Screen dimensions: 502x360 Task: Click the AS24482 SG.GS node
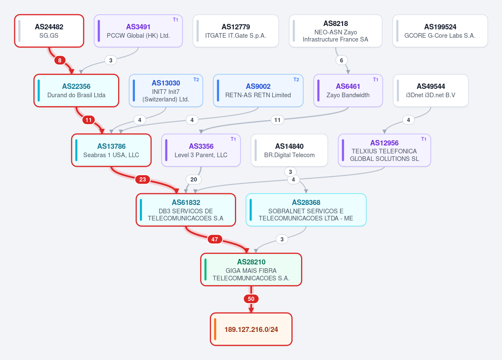[x=49, y=31]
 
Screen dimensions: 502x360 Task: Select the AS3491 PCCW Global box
[x=138, y=31]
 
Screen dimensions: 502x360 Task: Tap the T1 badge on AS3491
[x=175, y=20]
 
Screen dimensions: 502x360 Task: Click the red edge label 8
[x=60, y=60]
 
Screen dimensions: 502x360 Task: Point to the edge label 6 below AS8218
[x=341, y=60]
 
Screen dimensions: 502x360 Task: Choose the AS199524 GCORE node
[x=440, y=31]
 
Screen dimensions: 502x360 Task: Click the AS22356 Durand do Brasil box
[x=76, y=91]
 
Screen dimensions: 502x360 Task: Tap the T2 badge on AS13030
[x=196, y=80]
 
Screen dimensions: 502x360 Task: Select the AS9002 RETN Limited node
[x=258, y=91]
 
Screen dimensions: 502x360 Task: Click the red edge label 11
[x=88, y=120]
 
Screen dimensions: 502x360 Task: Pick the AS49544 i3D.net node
[x=430, y=91]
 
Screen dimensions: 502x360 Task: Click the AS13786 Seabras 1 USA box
[x=111, y=150]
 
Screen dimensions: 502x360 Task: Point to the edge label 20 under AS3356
[x=194, y=179]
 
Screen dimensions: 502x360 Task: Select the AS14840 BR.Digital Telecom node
[x=289, y=150]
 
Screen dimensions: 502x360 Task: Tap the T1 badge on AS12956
[x=424, y=139]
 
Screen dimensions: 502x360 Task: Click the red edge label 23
[x=142, y=179]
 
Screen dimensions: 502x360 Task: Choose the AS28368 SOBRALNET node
[x=306, y=210]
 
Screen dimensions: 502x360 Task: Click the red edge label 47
[x=214, y=239]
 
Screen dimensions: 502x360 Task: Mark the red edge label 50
[x=251, y=299]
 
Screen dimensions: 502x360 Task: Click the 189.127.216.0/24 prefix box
[x=251, y=329]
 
